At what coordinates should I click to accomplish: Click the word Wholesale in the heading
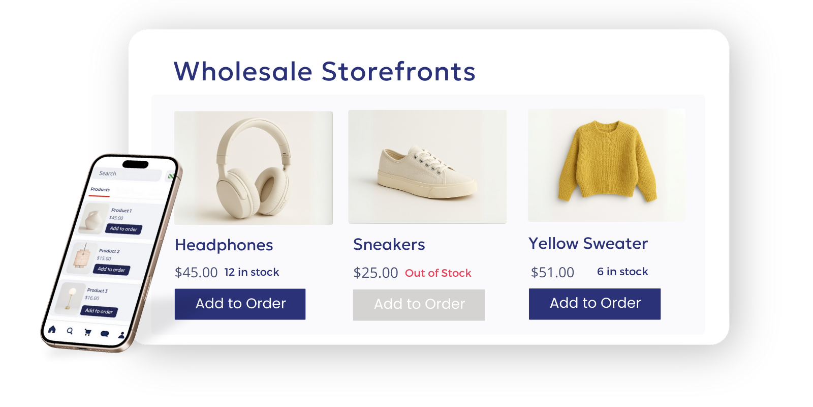243,71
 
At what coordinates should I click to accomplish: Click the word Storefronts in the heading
398,71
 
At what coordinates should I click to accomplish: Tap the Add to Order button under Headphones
240,304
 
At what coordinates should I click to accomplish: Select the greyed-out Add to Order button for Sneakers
419,304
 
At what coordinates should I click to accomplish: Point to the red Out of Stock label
438,273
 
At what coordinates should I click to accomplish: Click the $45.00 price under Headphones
196,273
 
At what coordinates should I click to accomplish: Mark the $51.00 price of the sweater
552,273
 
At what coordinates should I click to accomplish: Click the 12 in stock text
252,272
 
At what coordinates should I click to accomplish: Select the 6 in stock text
622,272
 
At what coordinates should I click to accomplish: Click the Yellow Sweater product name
588,244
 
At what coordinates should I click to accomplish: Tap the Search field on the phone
127,174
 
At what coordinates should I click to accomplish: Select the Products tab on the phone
100,190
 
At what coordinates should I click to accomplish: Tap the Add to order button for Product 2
111,270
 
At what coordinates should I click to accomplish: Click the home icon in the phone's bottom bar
52,330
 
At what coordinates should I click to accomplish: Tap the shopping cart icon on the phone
87,332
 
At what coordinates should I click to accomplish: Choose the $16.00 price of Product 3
92,298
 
